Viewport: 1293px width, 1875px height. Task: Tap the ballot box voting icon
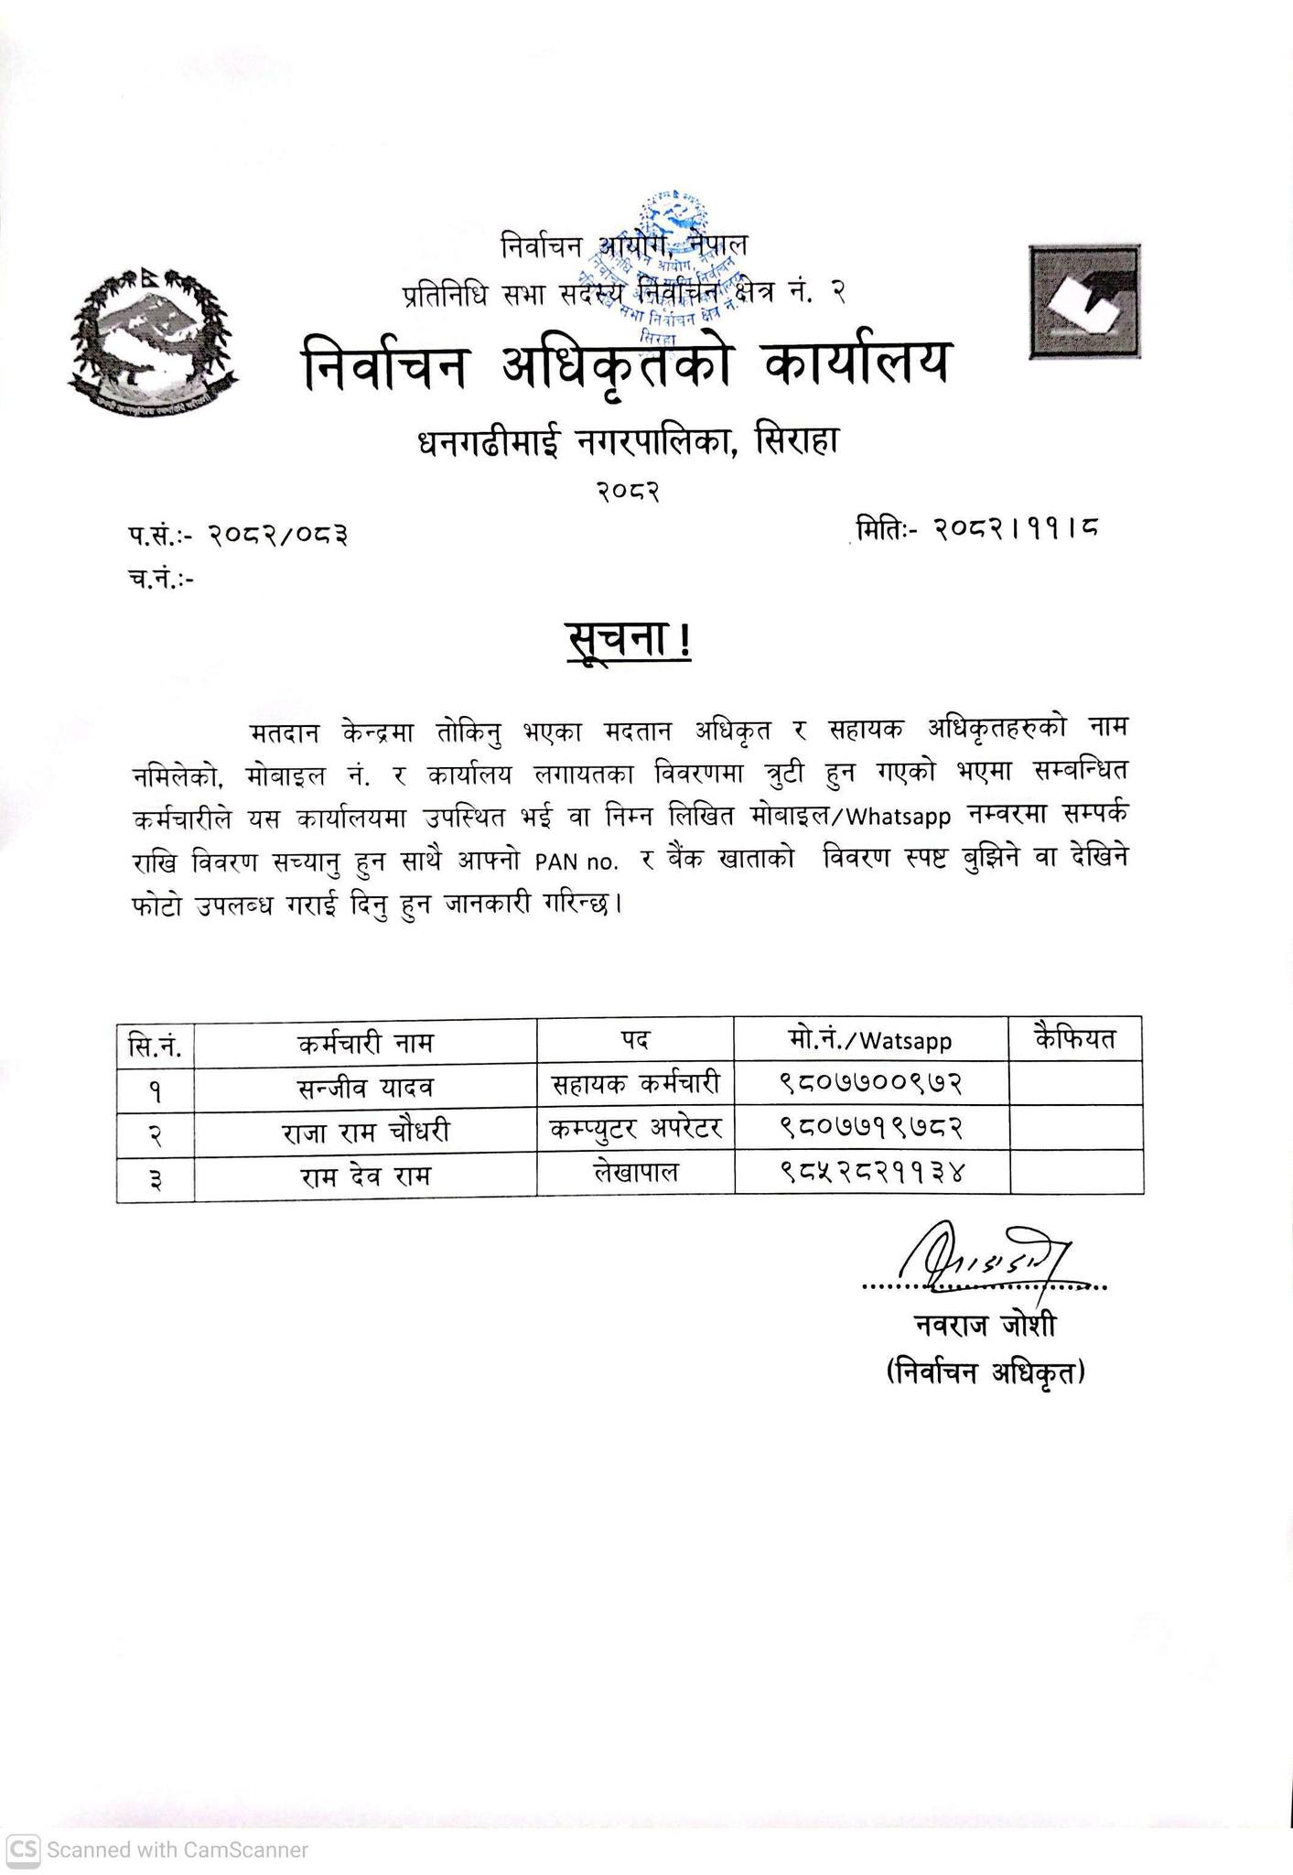pos(1084,301)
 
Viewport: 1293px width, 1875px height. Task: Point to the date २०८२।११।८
pos(1015,528)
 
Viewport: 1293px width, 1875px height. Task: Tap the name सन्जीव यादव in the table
pos(365,1087)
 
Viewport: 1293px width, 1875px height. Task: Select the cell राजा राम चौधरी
pos(365,1132)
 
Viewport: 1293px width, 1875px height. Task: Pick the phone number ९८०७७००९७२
pos(871,1083)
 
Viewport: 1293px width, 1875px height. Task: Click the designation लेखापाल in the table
pos(635,1171)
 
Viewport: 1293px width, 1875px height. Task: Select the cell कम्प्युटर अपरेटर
pos(635,1128)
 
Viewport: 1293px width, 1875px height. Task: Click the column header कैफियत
pos(1075,1039)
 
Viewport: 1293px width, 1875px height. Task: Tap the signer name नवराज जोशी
pos(985,1325)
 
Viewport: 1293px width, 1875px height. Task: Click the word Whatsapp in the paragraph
pos(902,816)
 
